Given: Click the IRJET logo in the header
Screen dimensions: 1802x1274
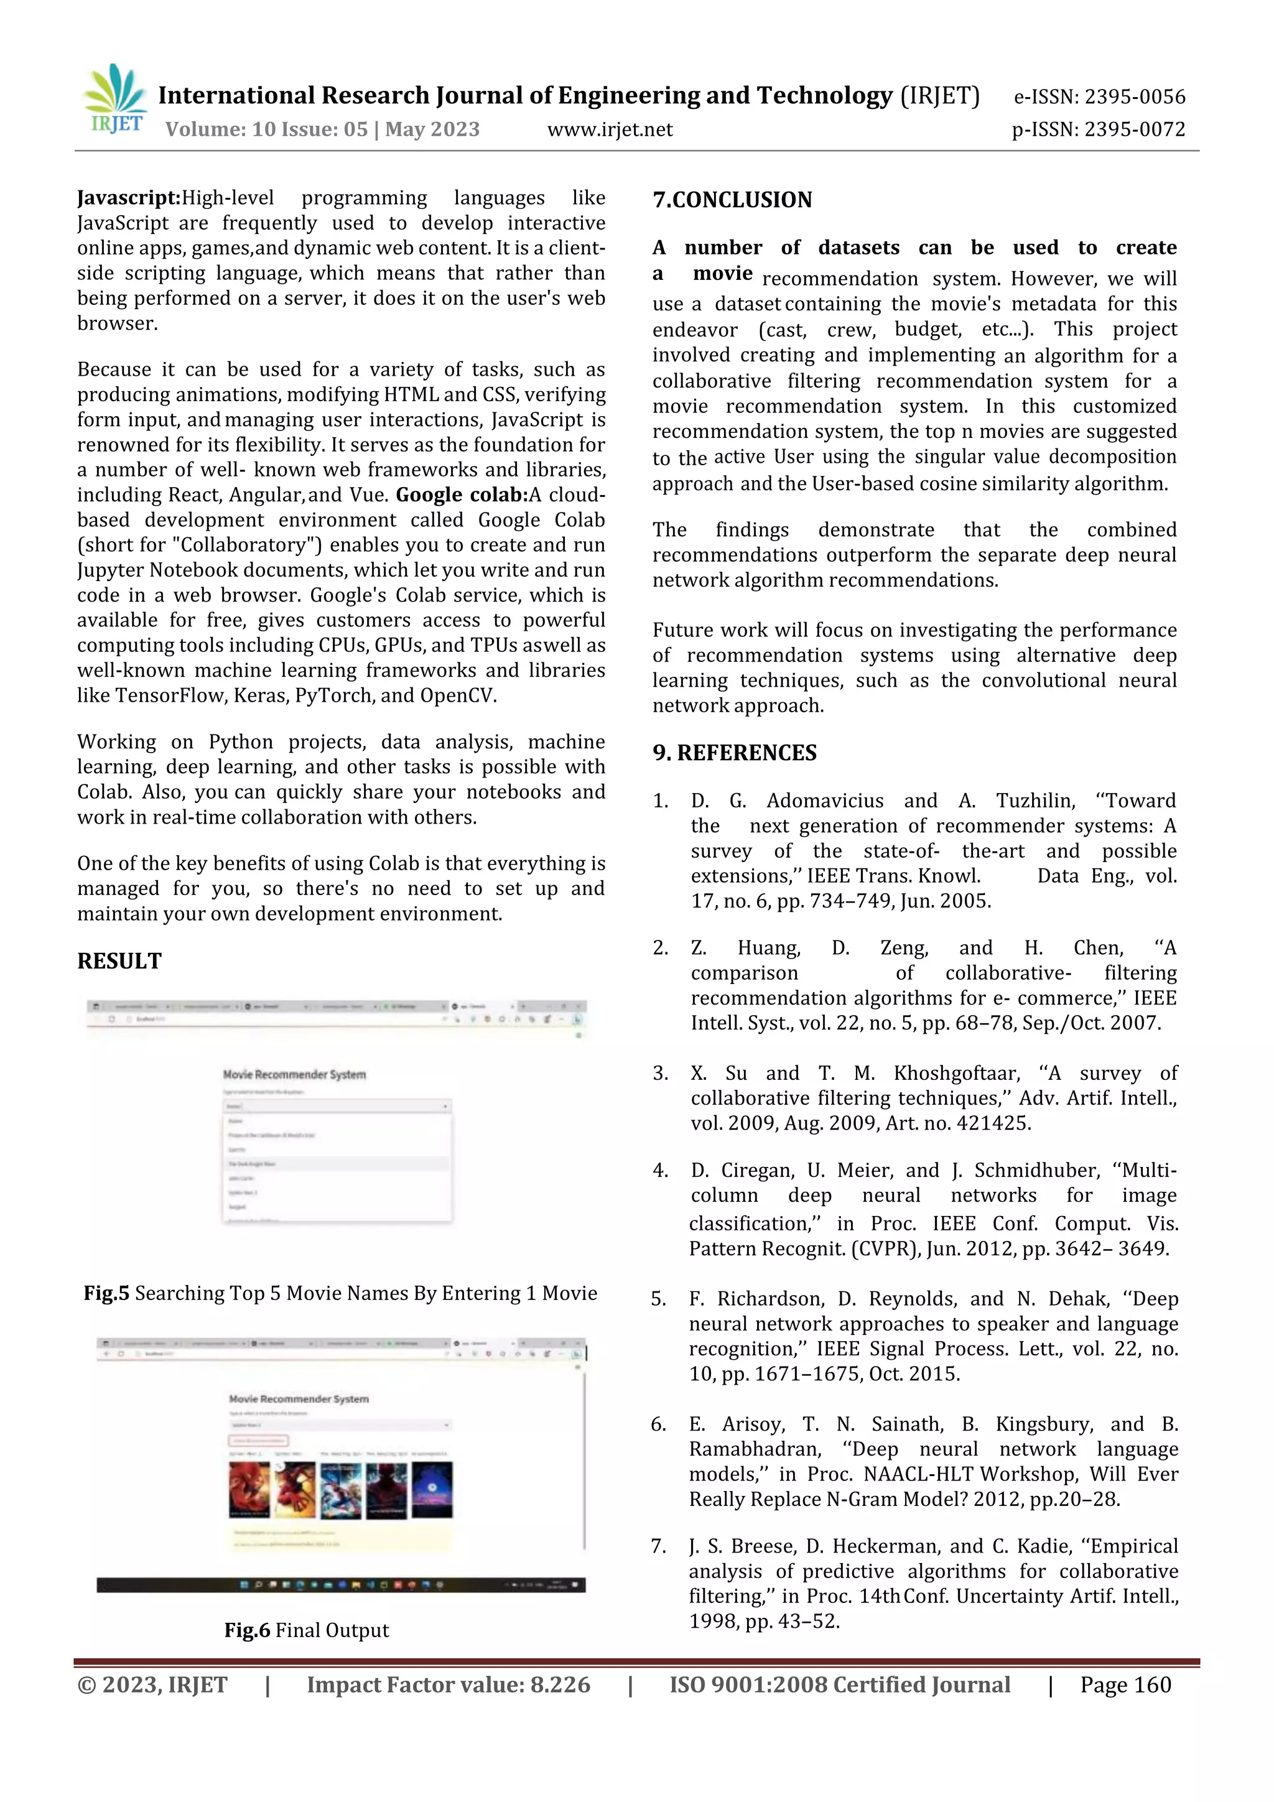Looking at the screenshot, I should [x=114, y=99].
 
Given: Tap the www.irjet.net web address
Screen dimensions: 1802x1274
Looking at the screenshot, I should [x=609, y=129].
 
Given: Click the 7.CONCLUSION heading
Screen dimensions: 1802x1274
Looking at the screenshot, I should [x=732, y=200].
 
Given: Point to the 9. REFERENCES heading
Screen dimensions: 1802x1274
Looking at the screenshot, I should [x=734, y=753].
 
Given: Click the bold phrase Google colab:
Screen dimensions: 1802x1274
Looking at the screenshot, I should [x=462, y=495].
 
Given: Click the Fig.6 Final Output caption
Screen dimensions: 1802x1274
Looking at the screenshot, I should [x=306, y=1630].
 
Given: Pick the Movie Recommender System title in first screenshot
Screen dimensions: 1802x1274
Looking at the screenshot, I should [x=294, y=1074].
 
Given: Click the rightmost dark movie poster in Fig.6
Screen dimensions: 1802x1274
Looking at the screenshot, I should [x=432, y=1489].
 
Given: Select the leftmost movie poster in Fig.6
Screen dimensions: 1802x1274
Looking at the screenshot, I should [x=249, y=1489].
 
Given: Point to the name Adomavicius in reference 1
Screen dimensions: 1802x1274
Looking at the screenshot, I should [x=824, y=801].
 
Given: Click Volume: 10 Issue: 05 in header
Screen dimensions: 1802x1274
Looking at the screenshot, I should [x=266, y=129].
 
